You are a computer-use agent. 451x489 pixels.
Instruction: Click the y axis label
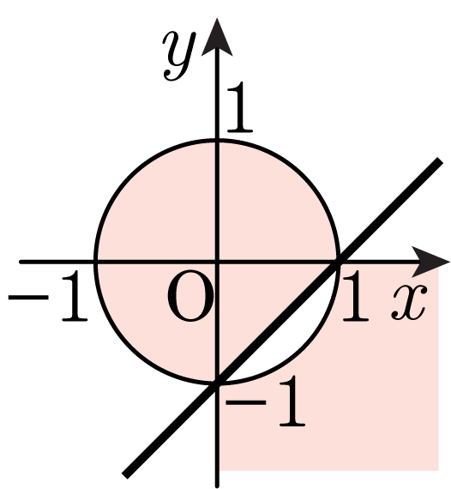(179, 56)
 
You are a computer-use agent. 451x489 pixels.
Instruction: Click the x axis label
(409, 303)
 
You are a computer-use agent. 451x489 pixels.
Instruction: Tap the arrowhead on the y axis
(217, 37)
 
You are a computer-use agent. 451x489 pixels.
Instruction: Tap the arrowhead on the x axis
(430, 262)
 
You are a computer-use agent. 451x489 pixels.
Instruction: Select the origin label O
(190, 296)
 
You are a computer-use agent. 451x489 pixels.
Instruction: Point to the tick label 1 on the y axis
(239, 106)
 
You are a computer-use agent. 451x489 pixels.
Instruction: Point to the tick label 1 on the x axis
(355, 296)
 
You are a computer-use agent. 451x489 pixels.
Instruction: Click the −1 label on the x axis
(48, 296)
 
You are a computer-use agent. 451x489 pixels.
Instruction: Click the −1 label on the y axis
(265, 401)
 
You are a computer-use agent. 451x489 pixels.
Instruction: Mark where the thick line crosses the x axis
(338, 262)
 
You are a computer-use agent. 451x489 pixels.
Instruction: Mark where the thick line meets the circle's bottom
(217, 383)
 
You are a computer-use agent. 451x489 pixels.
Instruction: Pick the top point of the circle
(217, 141)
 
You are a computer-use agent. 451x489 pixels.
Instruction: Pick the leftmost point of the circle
(96, 262)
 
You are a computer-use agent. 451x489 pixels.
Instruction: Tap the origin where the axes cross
(217, 262)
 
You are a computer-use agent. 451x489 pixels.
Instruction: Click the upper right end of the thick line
(440, 160)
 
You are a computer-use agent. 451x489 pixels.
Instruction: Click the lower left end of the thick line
(125, 475)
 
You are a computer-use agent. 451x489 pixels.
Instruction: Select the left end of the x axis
(21, 262)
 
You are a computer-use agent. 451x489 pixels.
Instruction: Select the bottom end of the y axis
(217, 486)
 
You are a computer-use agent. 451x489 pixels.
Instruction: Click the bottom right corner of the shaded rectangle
(438, 470)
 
